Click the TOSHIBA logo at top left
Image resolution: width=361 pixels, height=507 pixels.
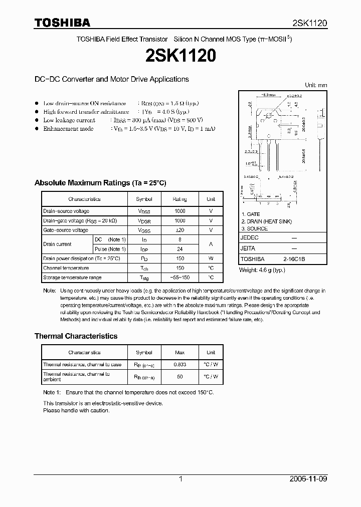tap(62, 23)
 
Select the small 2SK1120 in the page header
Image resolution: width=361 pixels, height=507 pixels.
tap(310, 23)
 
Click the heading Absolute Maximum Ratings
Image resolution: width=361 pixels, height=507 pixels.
tap(100, 183)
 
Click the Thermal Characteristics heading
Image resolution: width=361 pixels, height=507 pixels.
tap(76, 336)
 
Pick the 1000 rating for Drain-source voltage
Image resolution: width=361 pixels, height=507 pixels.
tap(179, 211)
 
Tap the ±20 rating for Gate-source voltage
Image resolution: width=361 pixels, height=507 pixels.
tap(179, 230)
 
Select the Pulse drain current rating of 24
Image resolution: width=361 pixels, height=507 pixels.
tap(179, 249)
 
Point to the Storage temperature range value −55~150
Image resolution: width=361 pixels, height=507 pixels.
tap(179, 278)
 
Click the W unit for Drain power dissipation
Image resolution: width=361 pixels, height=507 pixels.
tap(211, 259)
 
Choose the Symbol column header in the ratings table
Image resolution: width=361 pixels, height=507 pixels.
tap(144, 199)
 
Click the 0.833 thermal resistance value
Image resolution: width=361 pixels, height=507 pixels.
tap(179, 365)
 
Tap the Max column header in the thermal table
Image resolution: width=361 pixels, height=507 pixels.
tap(179, 353)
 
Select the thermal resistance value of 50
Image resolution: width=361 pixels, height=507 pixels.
tap(179, 376)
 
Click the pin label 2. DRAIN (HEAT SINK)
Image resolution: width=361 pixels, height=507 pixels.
tap(266, 221)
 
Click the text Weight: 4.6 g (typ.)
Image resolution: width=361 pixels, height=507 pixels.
tap(262, 270)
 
